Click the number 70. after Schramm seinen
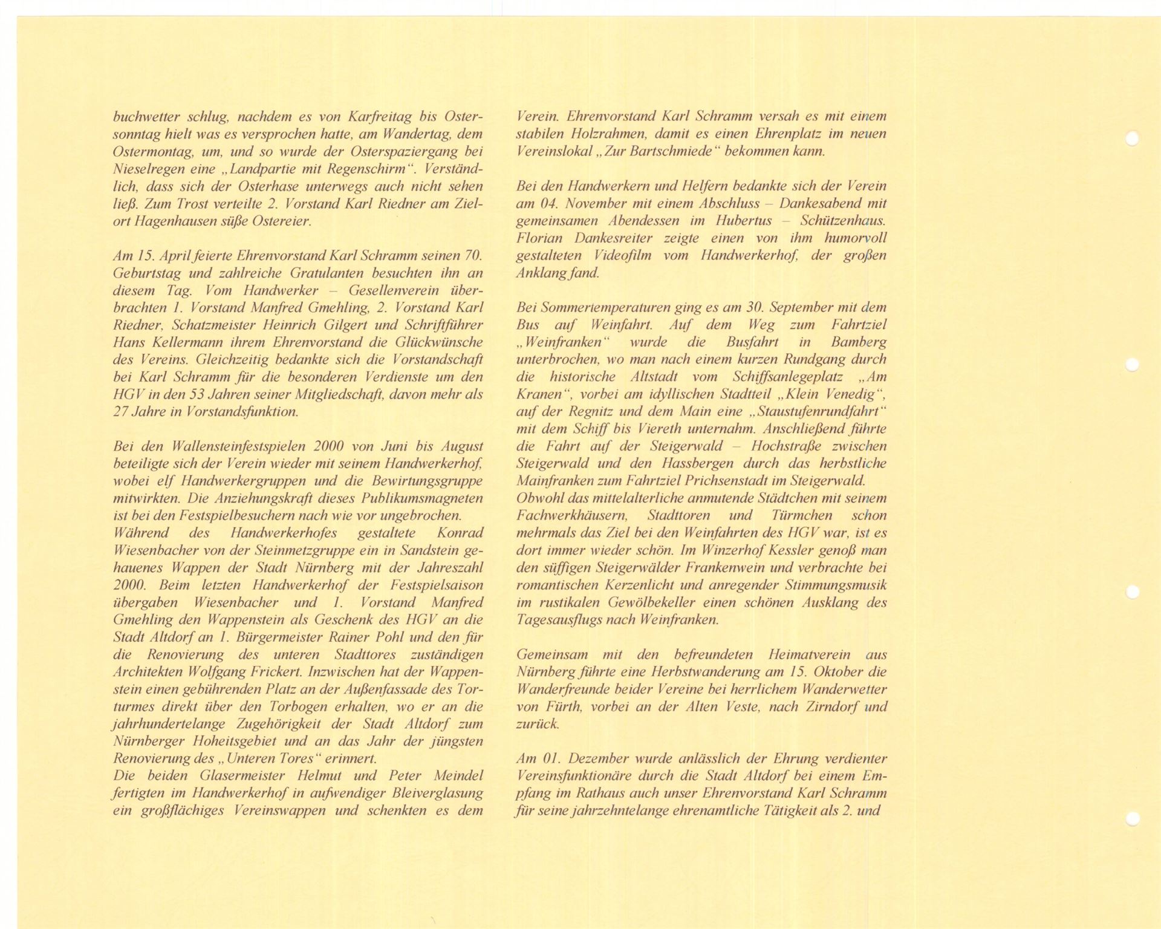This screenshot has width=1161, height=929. pos(472,256)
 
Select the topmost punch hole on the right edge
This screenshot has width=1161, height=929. pos(1132,139)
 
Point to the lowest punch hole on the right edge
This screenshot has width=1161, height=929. pos(1133,819)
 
